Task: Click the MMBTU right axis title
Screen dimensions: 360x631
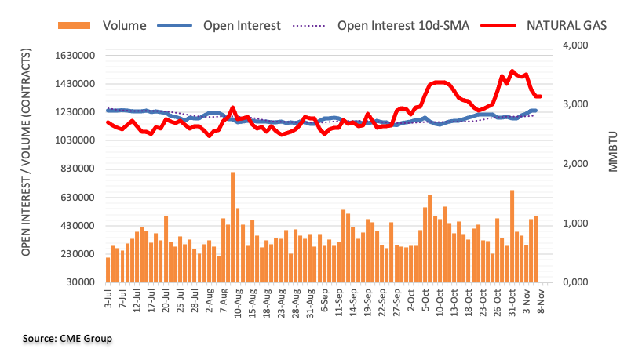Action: pyautogui.click(x=612, y=164)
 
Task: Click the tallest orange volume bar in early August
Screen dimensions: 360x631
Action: pyautogui.click(x=233, y=227)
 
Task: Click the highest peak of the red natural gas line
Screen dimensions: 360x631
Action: pyautogui.click(x=512, y=71)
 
